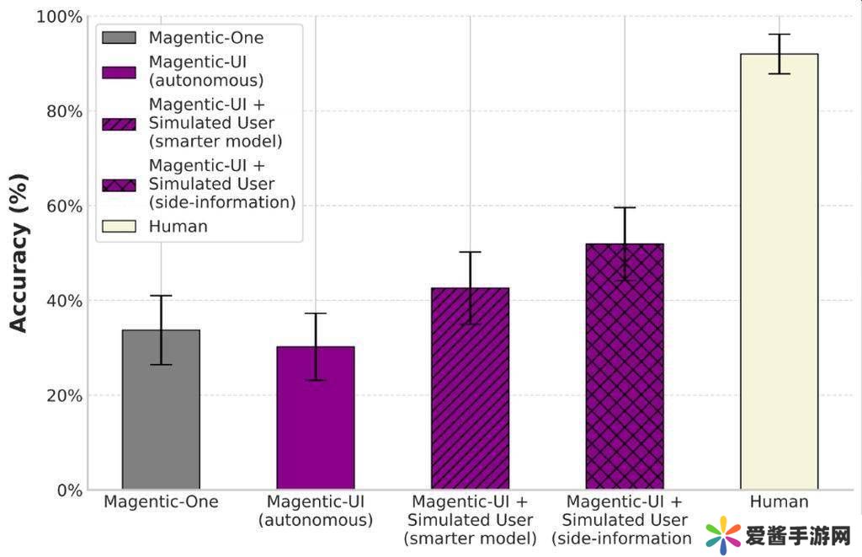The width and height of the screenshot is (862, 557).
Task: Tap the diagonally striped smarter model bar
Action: click(470, 388)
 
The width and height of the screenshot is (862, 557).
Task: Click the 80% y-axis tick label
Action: click(64, 111)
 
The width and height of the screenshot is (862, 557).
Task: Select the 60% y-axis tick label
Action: click(64, 206)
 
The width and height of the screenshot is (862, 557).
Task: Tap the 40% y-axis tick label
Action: click(64, 301)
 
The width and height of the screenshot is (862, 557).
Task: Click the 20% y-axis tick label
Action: click(64, 395)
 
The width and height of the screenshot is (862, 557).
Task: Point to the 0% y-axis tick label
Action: click(68, 490)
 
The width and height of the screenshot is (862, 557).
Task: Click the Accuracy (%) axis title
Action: click(19, 253)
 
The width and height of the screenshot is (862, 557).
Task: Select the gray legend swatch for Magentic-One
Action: click(119, 38)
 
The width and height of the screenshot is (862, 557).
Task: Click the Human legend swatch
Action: click(119, 226)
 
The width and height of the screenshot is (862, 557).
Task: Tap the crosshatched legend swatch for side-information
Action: click(119, 185)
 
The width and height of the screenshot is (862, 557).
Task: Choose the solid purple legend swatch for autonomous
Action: click(119, 72)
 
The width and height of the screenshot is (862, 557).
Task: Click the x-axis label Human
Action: click(779, 502)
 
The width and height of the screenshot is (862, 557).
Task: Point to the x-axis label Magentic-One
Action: click(161, 502)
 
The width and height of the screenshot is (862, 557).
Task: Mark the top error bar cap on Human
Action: click(779, 35)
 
